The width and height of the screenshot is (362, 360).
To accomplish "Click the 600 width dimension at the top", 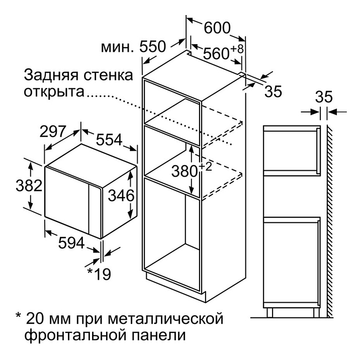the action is pos(217,28).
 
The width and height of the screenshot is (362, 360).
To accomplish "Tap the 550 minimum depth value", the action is pos(153,47).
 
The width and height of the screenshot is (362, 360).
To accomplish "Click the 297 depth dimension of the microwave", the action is pos(53,132).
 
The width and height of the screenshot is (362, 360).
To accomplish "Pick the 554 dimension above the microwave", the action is pos(109,140).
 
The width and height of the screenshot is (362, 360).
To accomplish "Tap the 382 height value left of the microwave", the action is pos(29,186).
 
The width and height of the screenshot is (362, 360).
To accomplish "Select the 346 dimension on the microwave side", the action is pos(121,196).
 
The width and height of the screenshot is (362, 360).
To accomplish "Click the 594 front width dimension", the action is pos(71,243).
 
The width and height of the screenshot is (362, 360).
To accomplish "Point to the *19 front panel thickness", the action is pos(99,274).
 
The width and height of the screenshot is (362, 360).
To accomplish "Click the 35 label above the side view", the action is pos(324,97).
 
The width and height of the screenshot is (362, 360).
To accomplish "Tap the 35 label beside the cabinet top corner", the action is pos(273,91).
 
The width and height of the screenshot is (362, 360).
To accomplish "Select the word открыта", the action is pos(54,91).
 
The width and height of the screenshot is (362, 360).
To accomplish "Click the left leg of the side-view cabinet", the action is pos(269,312).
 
